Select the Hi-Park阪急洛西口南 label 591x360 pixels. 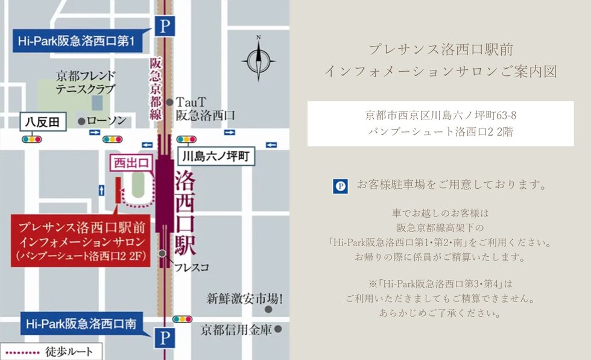[x=81, y=324]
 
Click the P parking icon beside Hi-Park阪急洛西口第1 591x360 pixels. [x=164, y=27]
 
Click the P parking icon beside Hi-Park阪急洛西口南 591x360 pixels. [x=164, y=338]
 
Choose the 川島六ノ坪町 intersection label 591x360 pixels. [x=216, y=158]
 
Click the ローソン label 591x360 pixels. [x=106, y=121]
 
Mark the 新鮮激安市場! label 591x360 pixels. [x=245, y=298]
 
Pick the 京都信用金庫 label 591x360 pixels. [x=236, y=330]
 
